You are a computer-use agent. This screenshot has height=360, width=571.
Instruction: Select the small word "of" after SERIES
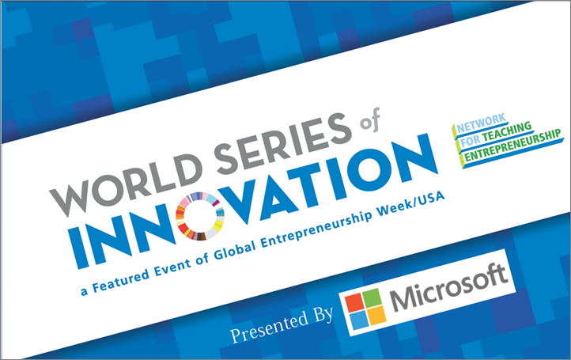click(369, 119)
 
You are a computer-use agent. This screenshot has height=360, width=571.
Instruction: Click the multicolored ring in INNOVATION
click(200, 216)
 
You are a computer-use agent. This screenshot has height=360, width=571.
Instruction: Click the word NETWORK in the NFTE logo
click(481, 123)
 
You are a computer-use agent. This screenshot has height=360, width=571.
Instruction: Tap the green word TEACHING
click(507, 132)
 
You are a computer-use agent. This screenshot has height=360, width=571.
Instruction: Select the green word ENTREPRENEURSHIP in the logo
click(512, 145)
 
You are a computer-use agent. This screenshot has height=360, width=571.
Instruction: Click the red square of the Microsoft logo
click(354, 304)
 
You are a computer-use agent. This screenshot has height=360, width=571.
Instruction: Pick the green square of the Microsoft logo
click(372, 297)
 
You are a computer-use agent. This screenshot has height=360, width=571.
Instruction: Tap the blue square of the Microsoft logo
click(359, 320)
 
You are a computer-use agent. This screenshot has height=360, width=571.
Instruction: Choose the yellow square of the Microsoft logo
click(377, 314)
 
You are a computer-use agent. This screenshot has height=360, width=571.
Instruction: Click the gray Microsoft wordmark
click(448, 287)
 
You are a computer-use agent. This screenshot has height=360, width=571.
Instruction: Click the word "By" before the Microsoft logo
click(323, 315)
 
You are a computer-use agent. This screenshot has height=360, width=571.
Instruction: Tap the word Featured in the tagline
click(121, 279)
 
